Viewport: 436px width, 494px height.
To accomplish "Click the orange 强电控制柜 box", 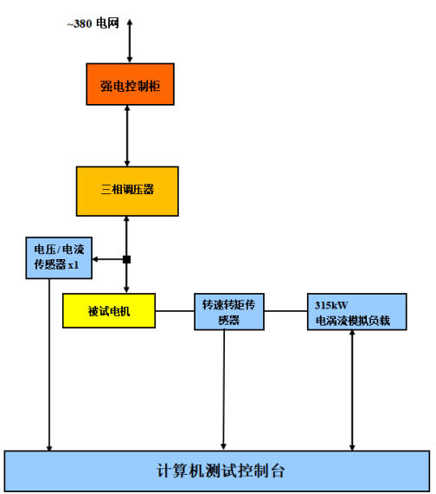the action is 131,84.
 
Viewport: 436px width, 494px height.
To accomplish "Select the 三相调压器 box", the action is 127,192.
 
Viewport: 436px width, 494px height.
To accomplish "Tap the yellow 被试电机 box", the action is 109,310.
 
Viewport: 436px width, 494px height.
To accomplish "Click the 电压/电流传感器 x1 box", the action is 59,257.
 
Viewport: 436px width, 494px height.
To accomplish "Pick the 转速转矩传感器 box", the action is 229,312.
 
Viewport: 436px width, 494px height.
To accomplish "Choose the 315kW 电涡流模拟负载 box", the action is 356,312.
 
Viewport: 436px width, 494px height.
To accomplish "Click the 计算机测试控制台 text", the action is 221,471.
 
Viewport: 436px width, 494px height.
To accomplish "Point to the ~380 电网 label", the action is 93,23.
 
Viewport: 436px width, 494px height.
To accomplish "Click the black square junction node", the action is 126,259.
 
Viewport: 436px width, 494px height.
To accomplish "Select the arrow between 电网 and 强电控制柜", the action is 130,41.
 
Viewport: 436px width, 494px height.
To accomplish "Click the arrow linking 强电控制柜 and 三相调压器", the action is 127,136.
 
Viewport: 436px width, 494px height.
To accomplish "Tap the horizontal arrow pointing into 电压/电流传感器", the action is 107,259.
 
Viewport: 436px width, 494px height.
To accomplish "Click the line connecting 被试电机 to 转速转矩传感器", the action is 175,311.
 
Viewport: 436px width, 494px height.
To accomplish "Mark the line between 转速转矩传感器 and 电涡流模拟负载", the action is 285,311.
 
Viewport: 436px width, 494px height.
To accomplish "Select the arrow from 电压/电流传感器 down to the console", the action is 49,365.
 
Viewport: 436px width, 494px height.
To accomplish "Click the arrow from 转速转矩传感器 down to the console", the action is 224,390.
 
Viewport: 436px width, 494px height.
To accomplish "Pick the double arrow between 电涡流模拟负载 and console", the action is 352,390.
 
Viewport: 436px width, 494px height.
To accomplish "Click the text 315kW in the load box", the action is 331,305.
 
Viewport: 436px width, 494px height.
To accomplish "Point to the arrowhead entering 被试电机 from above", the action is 126,289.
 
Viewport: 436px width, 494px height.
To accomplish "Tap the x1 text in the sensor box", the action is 74,265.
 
